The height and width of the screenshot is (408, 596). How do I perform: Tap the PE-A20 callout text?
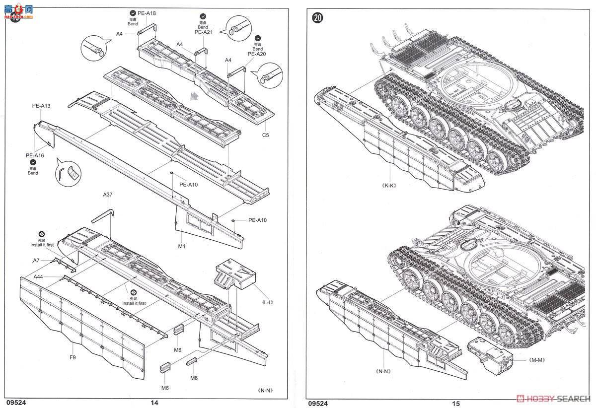click(257, 54)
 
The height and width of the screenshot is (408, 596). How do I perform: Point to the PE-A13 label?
click(41, 106)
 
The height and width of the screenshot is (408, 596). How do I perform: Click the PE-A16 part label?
click(35, 155)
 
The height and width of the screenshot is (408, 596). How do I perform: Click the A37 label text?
click(108, 195)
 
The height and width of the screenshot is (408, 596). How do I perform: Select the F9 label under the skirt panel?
click(73, 357)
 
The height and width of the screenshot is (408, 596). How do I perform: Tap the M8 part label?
click(194, 378)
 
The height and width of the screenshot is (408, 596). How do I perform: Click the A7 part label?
click(36, 260)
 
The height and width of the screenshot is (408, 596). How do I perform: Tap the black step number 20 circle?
click(318, 18)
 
